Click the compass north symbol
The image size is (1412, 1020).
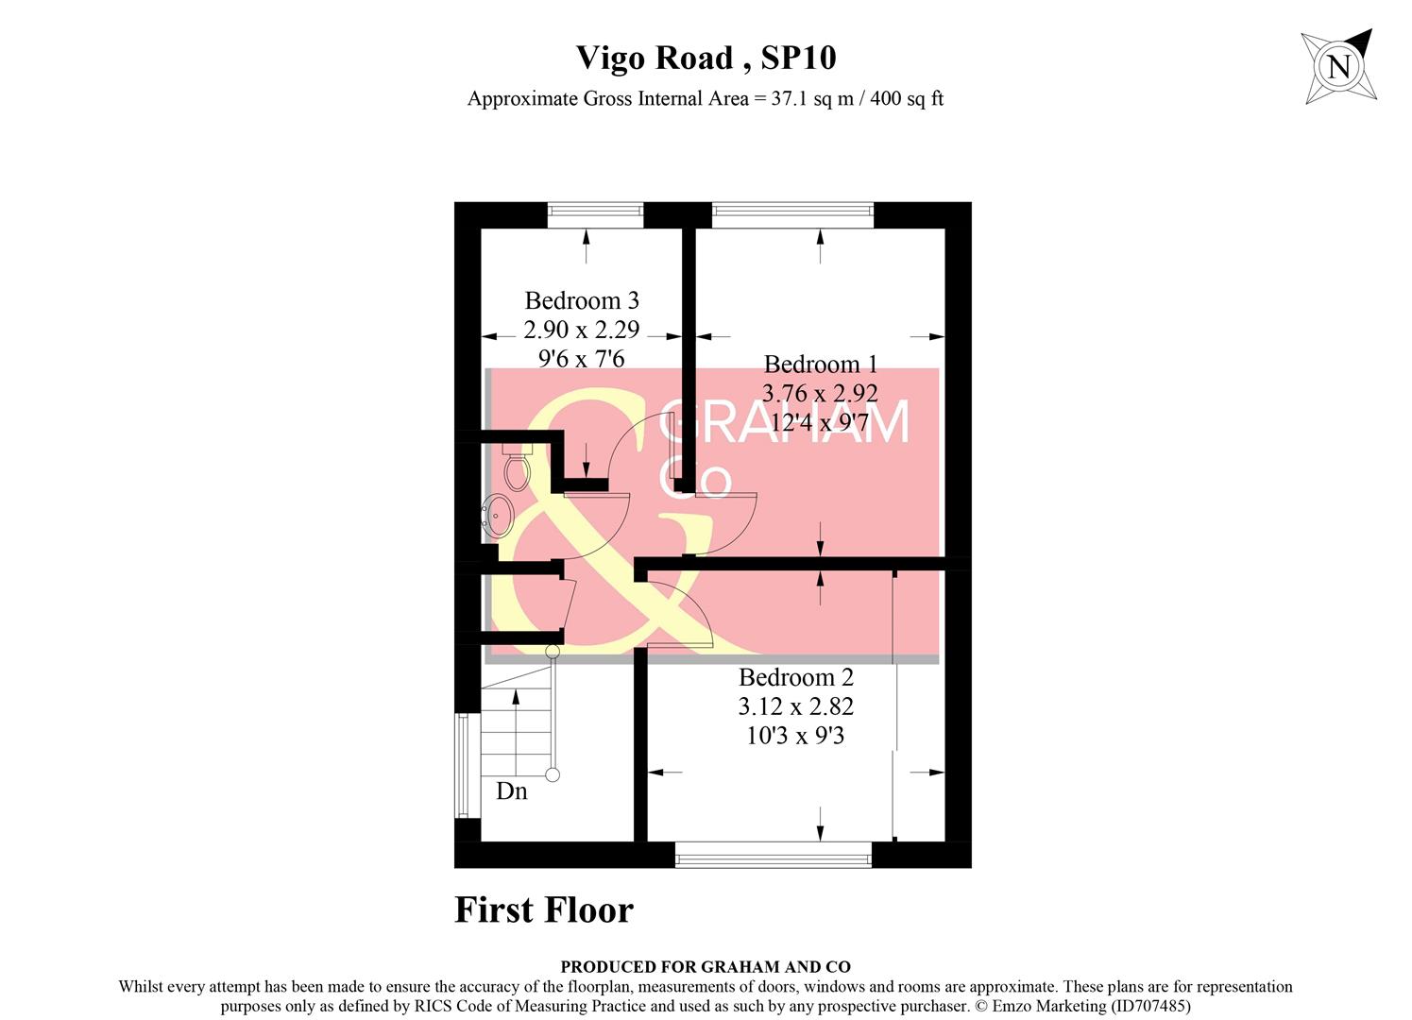[1338, 66]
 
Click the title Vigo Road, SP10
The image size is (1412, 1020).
[706, 58]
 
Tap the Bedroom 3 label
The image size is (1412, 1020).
[582, 300]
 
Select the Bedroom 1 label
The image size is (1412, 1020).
[820, 364]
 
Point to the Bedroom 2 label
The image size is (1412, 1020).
[795, 677]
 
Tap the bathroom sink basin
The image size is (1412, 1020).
[498, 516]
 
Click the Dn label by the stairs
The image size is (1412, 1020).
[511, 791]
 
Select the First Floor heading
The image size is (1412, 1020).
[544, 909]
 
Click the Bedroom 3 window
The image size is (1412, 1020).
[595, 215]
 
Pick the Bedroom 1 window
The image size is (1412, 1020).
[792, 215]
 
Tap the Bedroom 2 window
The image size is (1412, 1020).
[774, 856]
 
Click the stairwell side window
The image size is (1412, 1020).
[462, 765]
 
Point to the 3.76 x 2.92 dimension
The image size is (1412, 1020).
[820, 393]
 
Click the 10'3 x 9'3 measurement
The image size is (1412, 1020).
[795, 735]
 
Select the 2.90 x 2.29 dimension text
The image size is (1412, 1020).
[582, 330]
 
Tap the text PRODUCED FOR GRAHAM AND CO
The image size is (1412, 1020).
[705, 966]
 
